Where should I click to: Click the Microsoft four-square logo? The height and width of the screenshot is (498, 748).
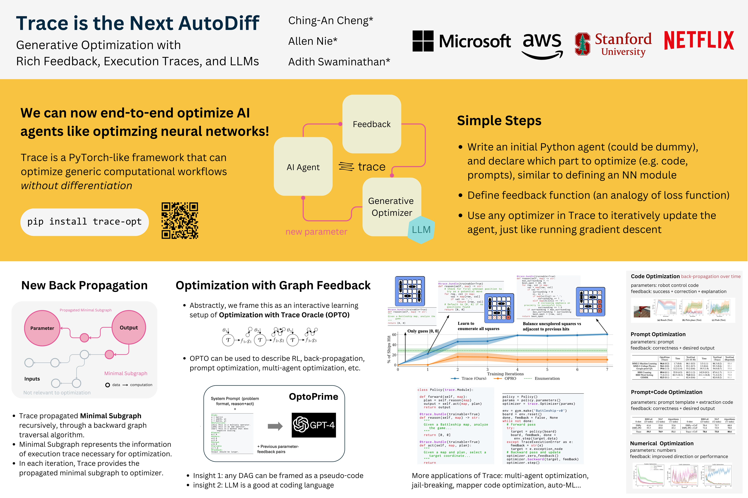pos(423,41)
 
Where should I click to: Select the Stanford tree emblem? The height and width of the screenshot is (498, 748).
pos(582,44)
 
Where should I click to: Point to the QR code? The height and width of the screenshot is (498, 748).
pos(180,220)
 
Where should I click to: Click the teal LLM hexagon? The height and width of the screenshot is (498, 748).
pos(421,230)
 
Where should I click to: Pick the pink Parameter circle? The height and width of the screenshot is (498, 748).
pos(42,328)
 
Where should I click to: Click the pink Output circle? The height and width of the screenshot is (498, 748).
pos(129,328)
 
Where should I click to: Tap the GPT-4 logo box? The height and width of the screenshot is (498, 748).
pos(314,425)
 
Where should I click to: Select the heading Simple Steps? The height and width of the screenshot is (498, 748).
pos(499,121)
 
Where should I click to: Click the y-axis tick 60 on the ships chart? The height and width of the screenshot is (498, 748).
pos(394,335)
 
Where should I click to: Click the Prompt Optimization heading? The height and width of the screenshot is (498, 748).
pos(658,334)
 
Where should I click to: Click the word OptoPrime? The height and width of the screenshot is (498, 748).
pos(313,397)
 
